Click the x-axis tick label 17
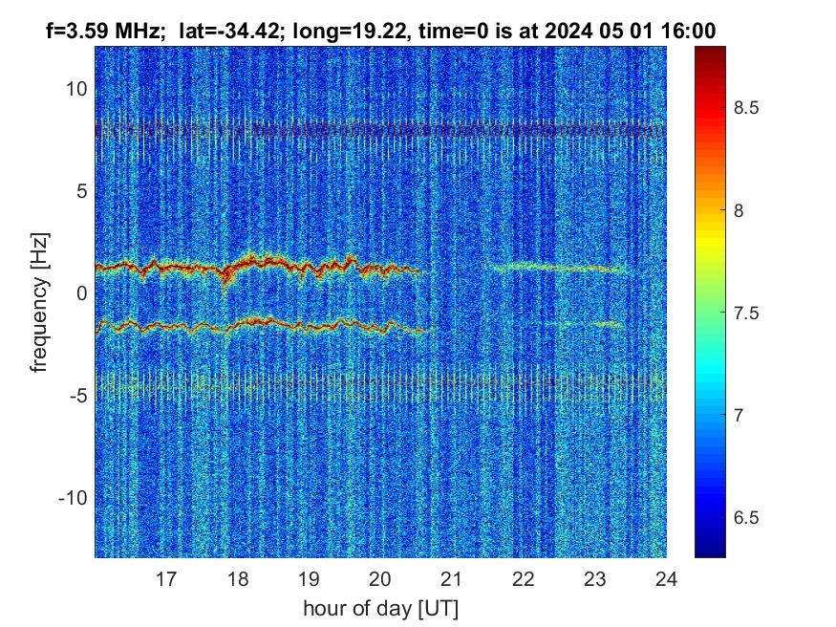coord(166,578)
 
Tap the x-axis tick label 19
coord(309,578)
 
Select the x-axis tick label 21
coord(452,578)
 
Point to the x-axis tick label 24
coord(667,578)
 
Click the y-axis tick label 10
coord(76,89)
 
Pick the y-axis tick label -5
coord(78,396)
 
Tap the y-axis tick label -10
coord(73,498)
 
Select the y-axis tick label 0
coord(82,293)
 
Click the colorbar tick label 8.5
coord(746,108)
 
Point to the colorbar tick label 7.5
coord(746,313)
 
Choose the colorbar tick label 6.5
coord(746,517)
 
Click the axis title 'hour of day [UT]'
coord(380,608)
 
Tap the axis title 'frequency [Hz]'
coord(40,302)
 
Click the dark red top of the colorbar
coord(710,54)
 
